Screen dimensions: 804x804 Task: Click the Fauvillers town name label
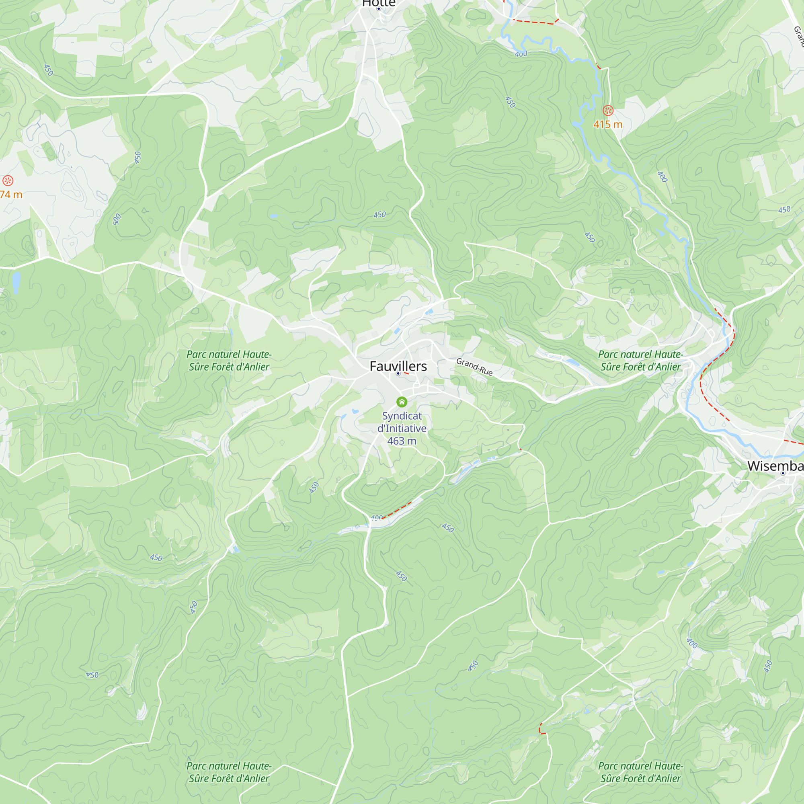pyautogui.click(x=398, y=366)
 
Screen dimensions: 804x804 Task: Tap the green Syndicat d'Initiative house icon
pyautogui.click(x=402, y=402)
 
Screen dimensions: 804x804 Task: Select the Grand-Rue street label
pyautogui.click(x=474, y=367)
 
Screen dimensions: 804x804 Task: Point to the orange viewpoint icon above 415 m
pyautogui.click(x=608, y=110)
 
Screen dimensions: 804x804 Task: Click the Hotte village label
pyautogui.click(x=378, y=3)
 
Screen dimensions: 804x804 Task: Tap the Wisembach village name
pyautogui.click(x=775, y=466)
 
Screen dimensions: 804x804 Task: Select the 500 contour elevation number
pyautogui.click(x=117, y=219)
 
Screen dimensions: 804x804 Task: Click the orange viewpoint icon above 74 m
pyautogui.click(x=8, y=180)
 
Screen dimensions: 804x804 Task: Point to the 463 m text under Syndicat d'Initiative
pyautogui.click(x=402, y=441)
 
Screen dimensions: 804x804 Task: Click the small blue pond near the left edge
pyautogui.click(x=16, y=283)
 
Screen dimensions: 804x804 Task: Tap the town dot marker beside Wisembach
pyautogui.click(x=783, y=473)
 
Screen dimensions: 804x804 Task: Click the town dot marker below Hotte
pyautogui.click(x=379, y=9)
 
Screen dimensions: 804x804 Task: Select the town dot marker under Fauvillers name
pyautogui.click(x=398, y=374)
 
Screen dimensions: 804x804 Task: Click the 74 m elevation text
pyautogui.click(x=11, y=194)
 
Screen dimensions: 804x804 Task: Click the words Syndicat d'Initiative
pyautogui.click(x=402, y=422)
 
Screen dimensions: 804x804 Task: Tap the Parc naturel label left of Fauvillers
pyautogui.click(x=229, y=360)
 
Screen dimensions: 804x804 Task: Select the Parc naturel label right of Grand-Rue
pyautogui.click(x=640, y=360)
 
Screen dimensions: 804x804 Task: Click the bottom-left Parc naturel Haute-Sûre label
pyautogui.click(x=229, y=772)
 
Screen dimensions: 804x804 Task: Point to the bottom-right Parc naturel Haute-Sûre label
pyautogui.click(x=640, y=772)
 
